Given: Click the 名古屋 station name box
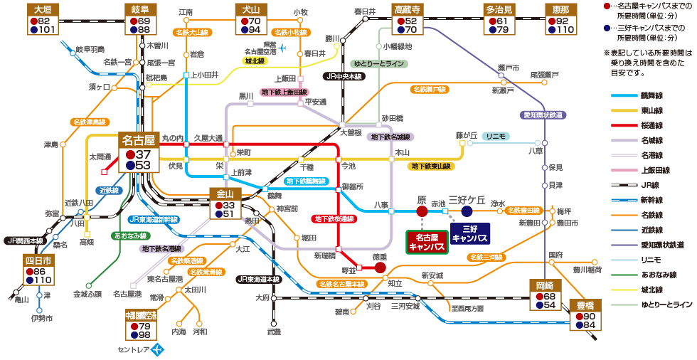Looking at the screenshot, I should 137,140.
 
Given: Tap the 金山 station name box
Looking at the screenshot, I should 226,193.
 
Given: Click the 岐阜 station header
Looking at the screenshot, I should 140,9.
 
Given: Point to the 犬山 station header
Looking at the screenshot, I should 251,9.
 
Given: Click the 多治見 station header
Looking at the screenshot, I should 499,9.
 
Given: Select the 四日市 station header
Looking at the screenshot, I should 39,260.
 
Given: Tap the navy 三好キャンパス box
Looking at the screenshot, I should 474,234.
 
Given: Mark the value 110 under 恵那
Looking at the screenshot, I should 565,30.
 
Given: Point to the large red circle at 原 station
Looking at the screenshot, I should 422,211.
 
